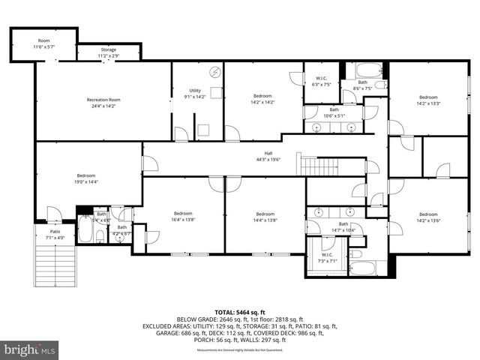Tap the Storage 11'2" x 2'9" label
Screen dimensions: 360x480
coord(108,52)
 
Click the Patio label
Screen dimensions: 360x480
coord(55,235)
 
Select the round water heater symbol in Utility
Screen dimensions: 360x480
coord(216,73)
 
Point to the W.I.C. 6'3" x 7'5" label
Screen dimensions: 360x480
coord(320,81)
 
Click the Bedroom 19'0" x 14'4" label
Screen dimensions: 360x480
coord(86,178)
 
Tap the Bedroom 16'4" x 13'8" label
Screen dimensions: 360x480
coord(184,216)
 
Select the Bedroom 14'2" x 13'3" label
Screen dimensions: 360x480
coord(428,100)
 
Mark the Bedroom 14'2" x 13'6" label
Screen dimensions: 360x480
coord(428,216)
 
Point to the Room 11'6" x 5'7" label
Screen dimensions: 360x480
coord(43,43)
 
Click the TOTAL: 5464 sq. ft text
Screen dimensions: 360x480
coord(240,311)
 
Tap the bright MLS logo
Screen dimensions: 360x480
coord(30,349)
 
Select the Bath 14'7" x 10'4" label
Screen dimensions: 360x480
coord(343,227)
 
